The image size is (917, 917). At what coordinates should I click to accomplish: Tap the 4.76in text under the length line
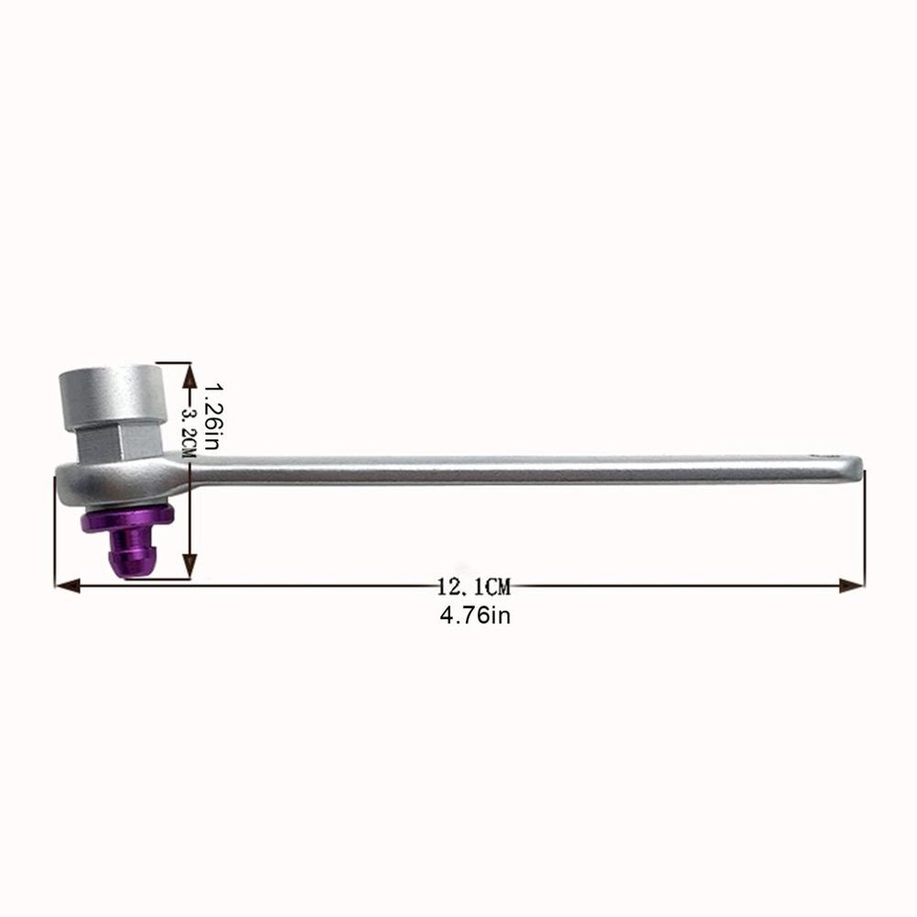click(474, 615)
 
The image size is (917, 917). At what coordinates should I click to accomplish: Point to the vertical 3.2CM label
click(190, 425)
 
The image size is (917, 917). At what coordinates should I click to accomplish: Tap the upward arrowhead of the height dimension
click(191, 372)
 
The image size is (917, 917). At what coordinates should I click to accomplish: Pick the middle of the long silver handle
click(523, 470)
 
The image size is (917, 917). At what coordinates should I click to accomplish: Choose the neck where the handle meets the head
click(197, 472)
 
